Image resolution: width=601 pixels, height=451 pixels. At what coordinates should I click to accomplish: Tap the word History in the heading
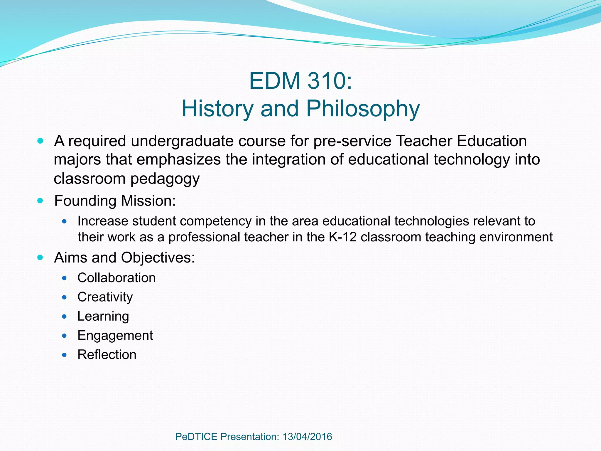[217, 109]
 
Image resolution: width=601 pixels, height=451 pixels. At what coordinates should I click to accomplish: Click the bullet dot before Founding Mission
[40, 201]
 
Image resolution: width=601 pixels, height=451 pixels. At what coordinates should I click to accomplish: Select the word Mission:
[148, 201]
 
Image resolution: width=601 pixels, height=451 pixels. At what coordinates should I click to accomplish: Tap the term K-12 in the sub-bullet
[342, 237]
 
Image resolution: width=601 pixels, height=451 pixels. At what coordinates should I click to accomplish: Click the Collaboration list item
[117, 278]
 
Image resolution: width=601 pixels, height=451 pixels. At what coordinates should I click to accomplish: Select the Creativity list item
[105, 297]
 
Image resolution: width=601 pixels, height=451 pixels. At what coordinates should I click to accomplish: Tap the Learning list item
[103, 316]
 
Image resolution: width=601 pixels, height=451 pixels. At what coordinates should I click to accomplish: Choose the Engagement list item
[115, 336]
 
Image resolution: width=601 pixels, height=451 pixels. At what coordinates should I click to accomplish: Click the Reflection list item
[107, 355]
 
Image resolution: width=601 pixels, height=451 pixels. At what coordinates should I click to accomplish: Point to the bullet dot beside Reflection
[65, 355]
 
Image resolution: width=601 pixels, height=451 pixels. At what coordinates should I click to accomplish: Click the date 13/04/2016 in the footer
[307, 437]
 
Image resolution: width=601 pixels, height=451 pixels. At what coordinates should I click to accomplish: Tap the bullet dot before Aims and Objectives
[40, 258]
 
